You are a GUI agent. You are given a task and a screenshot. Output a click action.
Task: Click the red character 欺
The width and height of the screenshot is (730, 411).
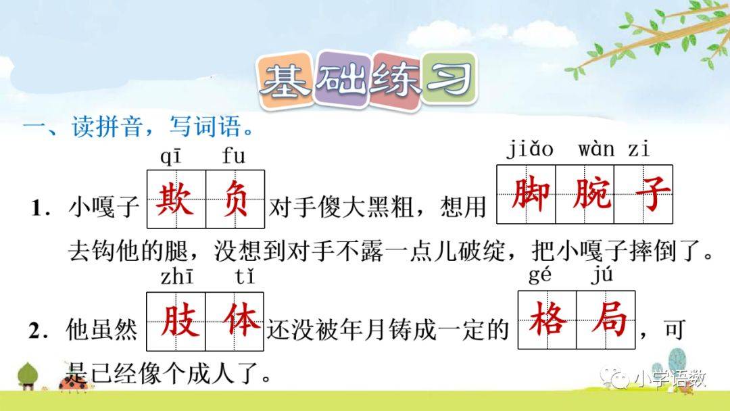176,199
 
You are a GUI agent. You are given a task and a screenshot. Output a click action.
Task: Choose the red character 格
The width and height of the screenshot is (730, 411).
547,319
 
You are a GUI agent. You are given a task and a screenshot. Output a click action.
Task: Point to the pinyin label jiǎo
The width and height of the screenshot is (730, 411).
530,149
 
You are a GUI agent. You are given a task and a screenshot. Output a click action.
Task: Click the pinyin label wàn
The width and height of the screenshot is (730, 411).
596,149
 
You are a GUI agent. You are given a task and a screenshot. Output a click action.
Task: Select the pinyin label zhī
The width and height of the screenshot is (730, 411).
176,276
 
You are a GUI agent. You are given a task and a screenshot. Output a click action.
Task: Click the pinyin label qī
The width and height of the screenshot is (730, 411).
170,156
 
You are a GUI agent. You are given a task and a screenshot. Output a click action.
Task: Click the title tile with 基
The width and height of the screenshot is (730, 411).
285,79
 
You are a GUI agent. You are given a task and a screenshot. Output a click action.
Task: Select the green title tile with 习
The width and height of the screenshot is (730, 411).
449,78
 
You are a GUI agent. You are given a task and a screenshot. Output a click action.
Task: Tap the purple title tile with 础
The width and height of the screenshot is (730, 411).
343,79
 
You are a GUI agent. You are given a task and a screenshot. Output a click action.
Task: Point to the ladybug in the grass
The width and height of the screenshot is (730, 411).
73,382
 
